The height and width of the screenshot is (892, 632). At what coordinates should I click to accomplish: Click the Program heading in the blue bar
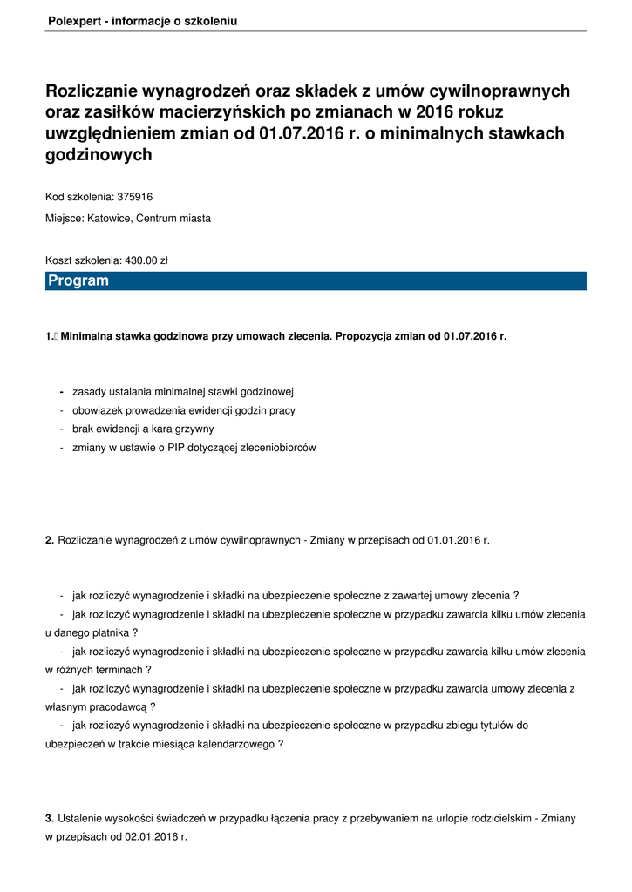coord(78,280)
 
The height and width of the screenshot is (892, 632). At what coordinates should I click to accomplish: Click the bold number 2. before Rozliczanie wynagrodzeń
coord(50,540)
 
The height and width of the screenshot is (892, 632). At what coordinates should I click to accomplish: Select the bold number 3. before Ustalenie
coord(50,818)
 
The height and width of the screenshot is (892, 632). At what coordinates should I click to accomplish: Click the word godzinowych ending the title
coord(99,155)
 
